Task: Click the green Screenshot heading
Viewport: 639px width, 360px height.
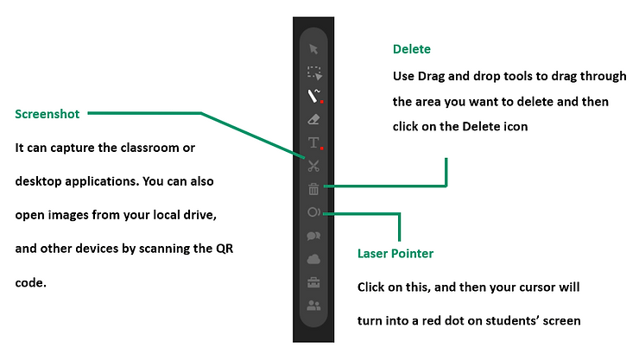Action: pyautogui.click(x=47, y=114)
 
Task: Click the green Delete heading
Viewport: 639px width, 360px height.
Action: pyautogui.click(x=412, y=49)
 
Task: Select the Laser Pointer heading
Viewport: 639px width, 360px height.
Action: pyautogui.click(x=395, y=253)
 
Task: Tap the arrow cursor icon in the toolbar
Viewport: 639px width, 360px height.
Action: pyautogui.click(x=313, y=49)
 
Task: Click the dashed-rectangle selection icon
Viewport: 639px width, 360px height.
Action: pyautogui.click(x=314, y=73)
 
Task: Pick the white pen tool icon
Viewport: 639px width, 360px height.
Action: pyautogui.click(x=314, y=96)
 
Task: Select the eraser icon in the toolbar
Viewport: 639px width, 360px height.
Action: pyautogui.click(x=313, y=119)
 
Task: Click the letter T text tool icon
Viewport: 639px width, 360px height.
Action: pyautogui.click(x=314, y=143)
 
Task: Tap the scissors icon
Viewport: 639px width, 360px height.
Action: pyautogui.click(x=313, y=166)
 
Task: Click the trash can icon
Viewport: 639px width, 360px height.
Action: pyautogui.click(x=313, y=189)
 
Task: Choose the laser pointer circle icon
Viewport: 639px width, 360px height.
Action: pyautogui.click(x=313, y=212)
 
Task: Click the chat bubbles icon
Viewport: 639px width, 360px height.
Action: pyautogui.click(x=313, y=236)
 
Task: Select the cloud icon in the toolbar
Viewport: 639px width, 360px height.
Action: pyautogui.click(x=313, y=259)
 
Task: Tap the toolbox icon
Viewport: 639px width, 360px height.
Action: pyautogui.click(x=313, y=282)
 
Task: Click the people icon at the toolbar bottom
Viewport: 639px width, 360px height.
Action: pyautogui.click(x=313, y=306)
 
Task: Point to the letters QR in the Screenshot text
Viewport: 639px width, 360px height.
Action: pyautogui.click(x=225, y=249)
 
